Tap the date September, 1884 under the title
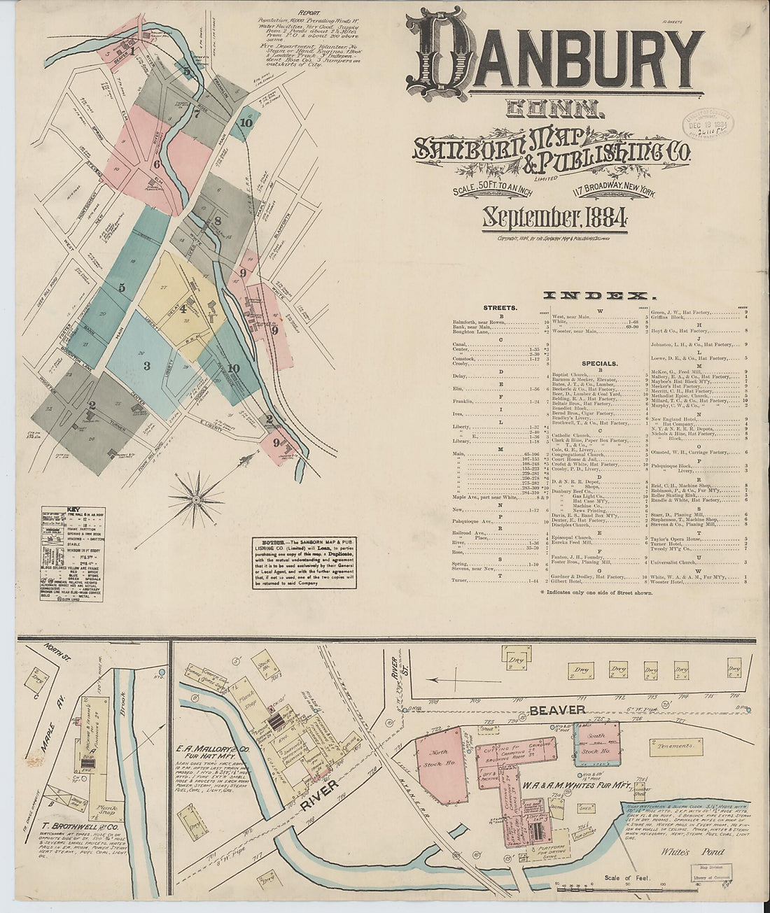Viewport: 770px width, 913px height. pos(552,218)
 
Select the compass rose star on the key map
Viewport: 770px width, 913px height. pos(197,500)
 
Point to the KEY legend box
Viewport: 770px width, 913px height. pos(72,553)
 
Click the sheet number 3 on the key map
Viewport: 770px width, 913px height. pos(147,365)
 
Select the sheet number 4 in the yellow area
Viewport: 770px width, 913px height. pos(183,308)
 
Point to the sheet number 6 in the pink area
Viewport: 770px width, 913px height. pos(157,164)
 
